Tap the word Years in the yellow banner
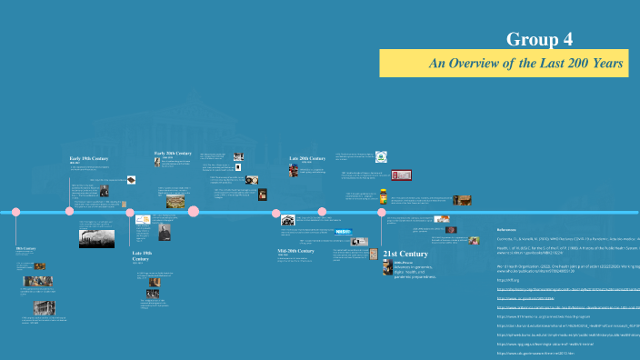tap(605, 64)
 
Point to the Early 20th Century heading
tap(173, 154)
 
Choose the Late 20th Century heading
tap(307, 158)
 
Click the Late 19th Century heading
tap(142, 254)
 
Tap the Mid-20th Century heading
tap(295, 250)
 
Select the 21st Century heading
tap(405, 254)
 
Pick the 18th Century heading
tap(26, 248)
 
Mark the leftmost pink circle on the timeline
tap(15, 212)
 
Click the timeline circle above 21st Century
tap(382, 212)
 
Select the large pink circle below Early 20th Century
tap(194, 212)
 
